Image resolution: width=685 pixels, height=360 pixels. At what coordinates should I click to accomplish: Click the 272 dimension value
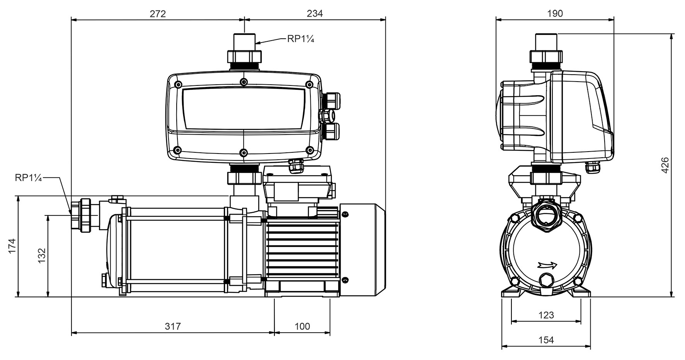(x=158, y=14)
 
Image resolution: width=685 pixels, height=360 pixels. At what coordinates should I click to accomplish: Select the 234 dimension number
(x=315, y=14)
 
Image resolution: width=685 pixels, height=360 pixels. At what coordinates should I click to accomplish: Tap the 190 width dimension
(x=555, y=14)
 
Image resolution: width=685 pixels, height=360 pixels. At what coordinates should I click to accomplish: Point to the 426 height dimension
(x=665, y=165)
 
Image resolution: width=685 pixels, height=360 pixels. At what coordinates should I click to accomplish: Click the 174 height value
(x=12, y=246)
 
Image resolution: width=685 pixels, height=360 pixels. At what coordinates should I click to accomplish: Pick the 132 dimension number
(x=41, y=256)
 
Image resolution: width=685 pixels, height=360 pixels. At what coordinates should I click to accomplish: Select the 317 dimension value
(x=173, y=326)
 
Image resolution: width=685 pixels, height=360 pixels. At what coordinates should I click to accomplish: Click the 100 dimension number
(x=302, y=326)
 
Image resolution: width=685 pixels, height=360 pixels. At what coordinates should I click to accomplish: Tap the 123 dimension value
(x=546, y=315)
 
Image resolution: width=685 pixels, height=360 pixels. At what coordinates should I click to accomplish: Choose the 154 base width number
(x=546, y=340)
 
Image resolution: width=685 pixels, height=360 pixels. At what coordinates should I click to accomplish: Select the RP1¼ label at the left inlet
(x=28, y=177)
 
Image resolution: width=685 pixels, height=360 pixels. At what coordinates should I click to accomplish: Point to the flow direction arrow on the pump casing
(x=547, y=265)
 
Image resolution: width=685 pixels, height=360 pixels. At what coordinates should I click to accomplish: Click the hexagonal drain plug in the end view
(x=546, y=280)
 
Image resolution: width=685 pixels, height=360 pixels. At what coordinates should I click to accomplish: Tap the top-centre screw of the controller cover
(x=243, y=82)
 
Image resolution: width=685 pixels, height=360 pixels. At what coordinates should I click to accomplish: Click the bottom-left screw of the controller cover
(x=177, y=150)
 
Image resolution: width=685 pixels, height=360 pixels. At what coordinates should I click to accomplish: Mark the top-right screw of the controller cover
(x=309, y=85)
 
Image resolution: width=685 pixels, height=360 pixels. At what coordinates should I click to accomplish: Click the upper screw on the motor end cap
(x=344, y=213)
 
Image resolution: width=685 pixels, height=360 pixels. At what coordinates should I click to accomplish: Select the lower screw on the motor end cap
(x=344, y=280)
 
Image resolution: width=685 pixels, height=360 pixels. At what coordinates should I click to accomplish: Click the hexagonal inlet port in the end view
(x=546, y=217)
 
